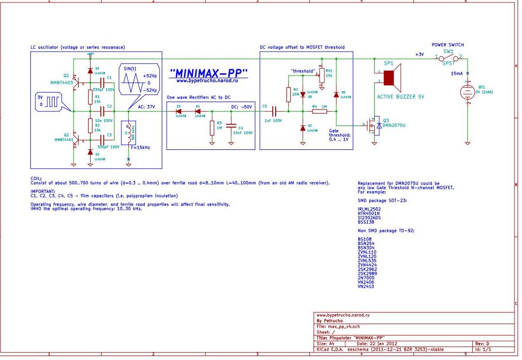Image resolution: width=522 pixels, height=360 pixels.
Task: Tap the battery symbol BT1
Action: (x=467, y=92)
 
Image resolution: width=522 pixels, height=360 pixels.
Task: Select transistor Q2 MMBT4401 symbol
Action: (x=74, y=139)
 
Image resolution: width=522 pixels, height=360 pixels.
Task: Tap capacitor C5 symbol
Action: (x=273, y=112)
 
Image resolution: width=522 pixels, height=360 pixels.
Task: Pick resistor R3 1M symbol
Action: (x=212, y=127)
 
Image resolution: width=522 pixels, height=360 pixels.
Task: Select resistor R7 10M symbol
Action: (x=289, y=94)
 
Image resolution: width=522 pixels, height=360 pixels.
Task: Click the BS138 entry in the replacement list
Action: (x=366, y=222)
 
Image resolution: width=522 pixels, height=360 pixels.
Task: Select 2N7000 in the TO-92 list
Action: (x=366, y=278)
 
